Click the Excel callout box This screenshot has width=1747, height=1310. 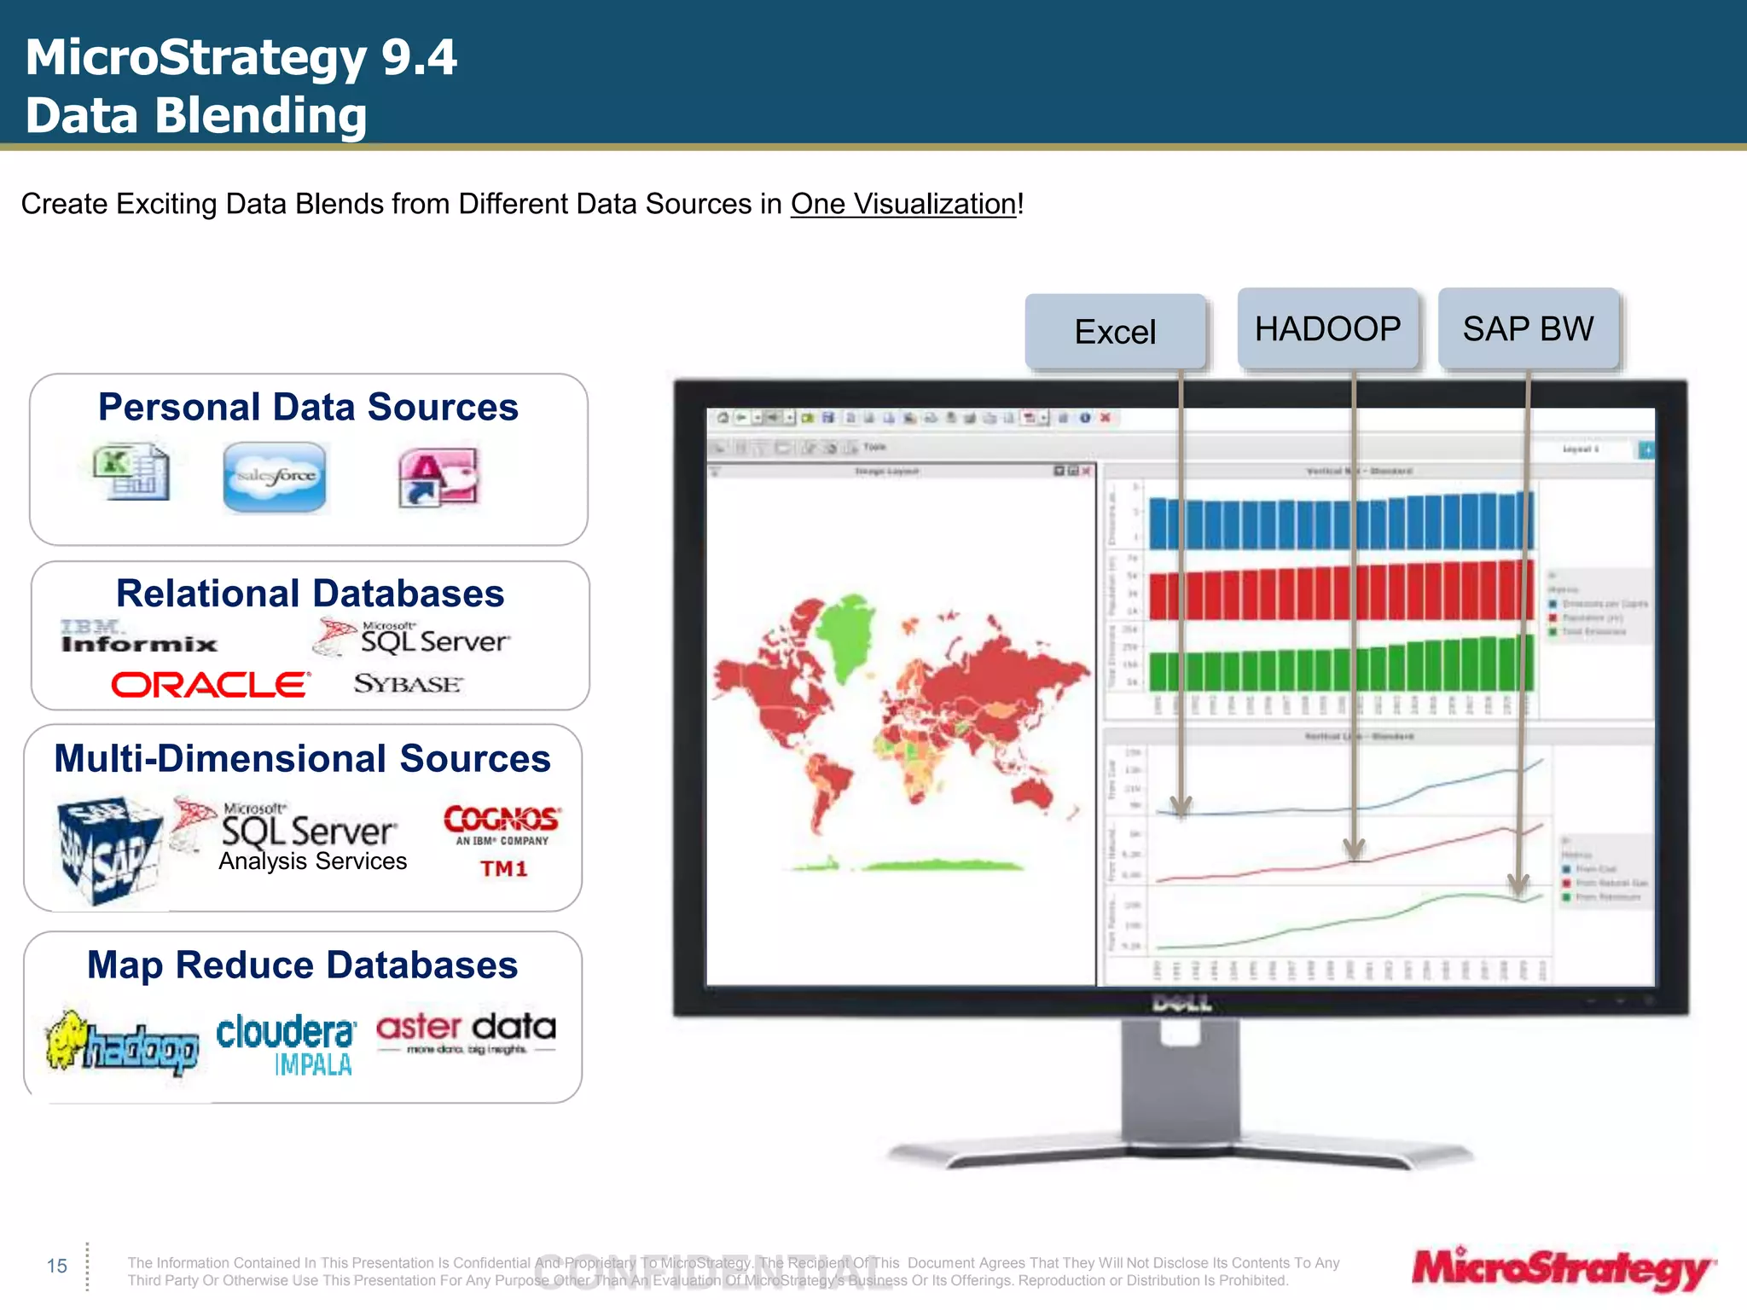tap(1115, 332)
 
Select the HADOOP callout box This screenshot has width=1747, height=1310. tap(1327, 328)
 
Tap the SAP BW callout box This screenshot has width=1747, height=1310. tap(1528, 328)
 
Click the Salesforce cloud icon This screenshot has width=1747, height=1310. tap(275, 477)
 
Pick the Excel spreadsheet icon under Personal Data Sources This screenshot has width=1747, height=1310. tap(131, 472)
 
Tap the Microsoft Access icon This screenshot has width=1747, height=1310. tap(438, 478)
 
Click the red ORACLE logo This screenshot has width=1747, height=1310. tap(210, 684)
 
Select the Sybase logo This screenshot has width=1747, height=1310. tap(408, 684)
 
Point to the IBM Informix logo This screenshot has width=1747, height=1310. tap(139, 637)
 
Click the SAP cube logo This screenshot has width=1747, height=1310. tap(109, 849)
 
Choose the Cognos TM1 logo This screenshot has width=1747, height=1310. tap(502, 840)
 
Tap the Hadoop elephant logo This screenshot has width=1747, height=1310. tap(122, 1043)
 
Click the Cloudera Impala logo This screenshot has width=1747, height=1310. tap(287, 1045)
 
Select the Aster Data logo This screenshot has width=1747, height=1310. tap(466, 1033)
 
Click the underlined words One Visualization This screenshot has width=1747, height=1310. tap(903, 204)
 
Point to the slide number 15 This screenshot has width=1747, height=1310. tap(57, 1266)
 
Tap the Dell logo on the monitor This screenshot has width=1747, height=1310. tap(1181, 1004)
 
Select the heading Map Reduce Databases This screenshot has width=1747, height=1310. tap(302, 965)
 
